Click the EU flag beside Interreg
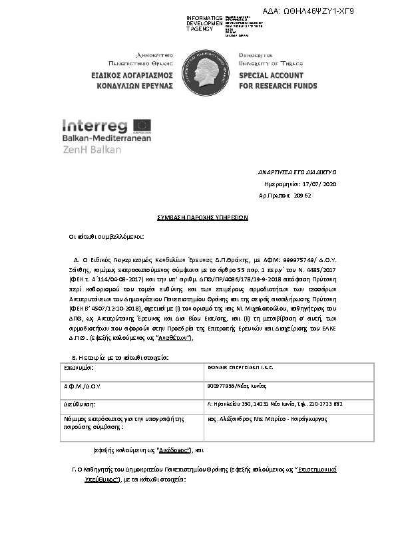pyautogui.click(x=142, y=125)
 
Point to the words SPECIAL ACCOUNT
pyautogui.click(x=271, y=76)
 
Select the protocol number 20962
pyautogui.click(x=303, y=196)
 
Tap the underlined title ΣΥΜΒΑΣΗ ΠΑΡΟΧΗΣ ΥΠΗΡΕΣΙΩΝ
pyautogui.click(x=198, y=217)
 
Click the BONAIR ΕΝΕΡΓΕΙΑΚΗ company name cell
pyautogui.click(x=241, y=367)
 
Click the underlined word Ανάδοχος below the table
pyautogui.click(x=169, y=450)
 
